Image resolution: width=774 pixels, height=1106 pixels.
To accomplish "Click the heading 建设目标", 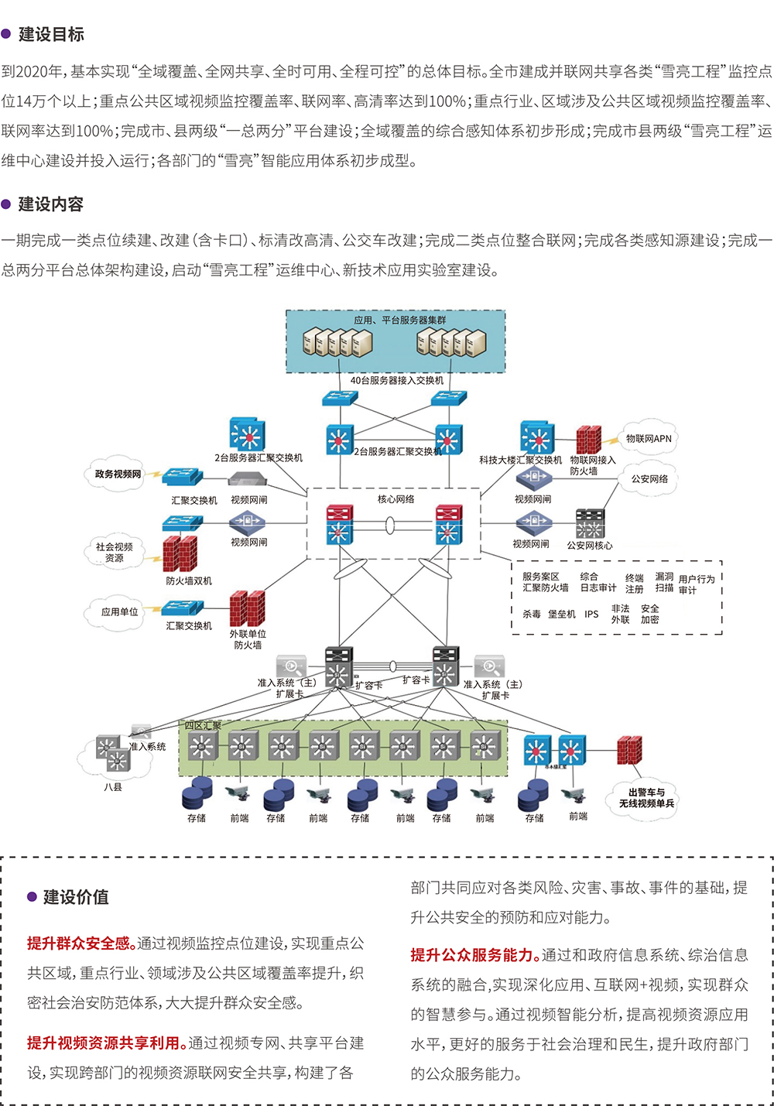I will [51, 34].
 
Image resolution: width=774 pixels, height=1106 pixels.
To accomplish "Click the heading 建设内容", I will [51, 204].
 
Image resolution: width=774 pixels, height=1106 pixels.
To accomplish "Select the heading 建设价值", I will [76, 897].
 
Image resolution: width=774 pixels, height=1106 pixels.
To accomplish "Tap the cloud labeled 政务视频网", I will [118, 474].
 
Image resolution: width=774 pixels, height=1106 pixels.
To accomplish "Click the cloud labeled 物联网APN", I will [649, 439].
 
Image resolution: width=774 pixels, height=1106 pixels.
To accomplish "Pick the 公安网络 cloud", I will [649, 479].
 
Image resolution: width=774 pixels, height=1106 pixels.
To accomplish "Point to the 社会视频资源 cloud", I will [114, 552].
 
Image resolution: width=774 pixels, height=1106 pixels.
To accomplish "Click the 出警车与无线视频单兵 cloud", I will [646, 798].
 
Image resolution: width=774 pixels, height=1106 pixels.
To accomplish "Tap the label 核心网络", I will [396, 499].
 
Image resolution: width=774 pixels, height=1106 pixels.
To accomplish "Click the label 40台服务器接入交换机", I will [396, 380].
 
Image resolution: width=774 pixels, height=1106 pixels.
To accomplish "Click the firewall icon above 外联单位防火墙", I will [248, 608].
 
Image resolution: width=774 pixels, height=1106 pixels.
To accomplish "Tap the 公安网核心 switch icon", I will [590, 524].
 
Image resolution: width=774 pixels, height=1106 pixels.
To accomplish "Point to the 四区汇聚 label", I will [203, 725].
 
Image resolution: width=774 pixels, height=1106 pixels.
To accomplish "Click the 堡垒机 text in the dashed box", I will [561, 614].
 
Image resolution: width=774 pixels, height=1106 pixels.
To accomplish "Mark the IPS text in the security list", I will [591, 614].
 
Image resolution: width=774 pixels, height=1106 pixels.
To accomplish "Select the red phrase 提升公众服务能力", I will [475, 955].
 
